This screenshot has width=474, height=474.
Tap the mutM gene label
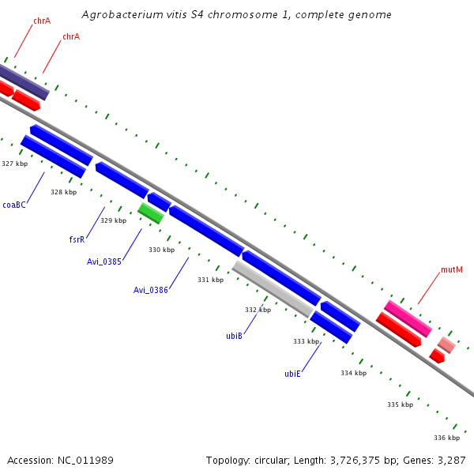(451, 270)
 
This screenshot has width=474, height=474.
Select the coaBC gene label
(14, 205)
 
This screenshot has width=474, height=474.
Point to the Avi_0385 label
(104, 261)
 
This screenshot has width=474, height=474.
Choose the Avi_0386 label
(151, 290)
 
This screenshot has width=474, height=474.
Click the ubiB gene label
(234, 336)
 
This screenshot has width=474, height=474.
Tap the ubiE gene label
(292, 374)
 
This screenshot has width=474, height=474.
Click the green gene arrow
(151, 213)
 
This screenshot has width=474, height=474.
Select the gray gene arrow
(273, 289)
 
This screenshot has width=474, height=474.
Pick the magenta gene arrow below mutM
(408, 318)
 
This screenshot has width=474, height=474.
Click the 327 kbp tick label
(14, 164)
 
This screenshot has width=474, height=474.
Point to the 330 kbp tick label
(161, 250)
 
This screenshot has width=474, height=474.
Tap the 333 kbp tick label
(306, 341)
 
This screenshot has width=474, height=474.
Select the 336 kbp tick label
(446, 438)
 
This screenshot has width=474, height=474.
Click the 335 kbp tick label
(400, 404)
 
